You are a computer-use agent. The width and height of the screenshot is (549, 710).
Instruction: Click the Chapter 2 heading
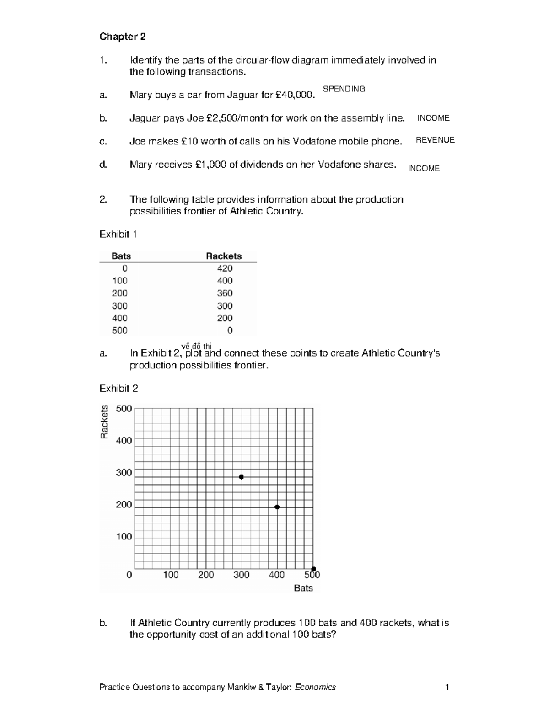123,37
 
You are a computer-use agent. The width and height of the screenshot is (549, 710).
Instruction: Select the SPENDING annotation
344,89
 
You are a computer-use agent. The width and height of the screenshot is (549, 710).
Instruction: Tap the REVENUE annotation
435,140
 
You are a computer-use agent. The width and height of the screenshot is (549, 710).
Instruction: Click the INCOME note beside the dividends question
424,168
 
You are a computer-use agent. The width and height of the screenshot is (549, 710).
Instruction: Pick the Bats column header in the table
121,256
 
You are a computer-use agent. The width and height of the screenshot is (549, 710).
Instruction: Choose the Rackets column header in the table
224,256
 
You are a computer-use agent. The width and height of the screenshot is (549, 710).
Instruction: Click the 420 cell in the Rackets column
225,268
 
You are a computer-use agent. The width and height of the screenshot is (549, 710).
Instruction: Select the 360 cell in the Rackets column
225,293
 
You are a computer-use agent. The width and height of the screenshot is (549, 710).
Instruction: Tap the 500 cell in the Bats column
120,330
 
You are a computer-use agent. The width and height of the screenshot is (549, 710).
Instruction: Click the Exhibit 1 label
118,234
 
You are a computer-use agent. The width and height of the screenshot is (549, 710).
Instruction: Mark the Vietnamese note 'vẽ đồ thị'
196,346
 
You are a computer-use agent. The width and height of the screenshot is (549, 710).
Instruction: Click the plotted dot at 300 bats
241,477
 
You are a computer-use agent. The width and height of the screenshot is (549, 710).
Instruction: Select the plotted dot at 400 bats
277,507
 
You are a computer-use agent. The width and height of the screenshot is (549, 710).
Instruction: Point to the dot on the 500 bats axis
313,569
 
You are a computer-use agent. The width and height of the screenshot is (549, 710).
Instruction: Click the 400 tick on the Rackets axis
124,440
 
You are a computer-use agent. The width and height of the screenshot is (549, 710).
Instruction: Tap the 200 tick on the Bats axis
206,575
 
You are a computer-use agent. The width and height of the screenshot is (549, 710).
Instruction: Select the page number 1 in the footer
447,687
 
